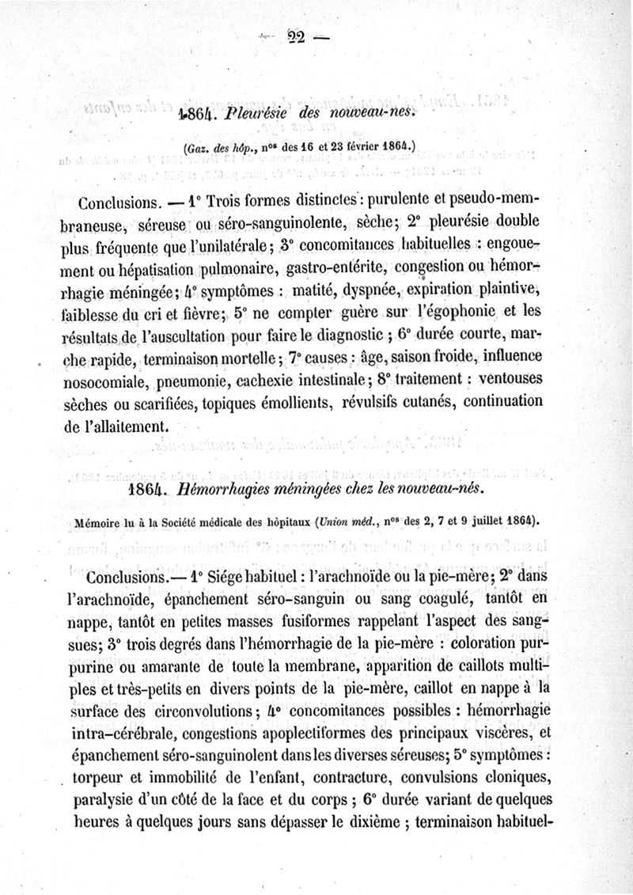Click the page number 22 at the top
[x=297, y=36]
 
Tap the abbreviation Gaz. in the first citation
[x=195, y=148]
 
